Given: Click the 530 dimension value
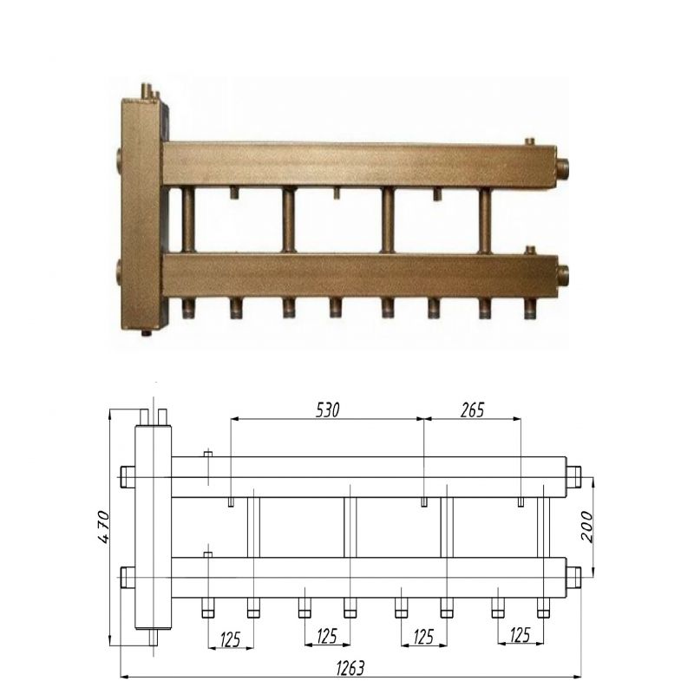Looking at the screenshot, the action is click(x=328, y=410).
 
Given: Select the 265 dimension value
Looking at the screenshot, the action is click(x=472, y=410).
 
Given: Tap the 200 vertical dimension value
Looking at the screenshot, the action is click(x=587, y=527).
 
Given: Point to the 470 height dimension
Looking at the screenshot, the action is click(x=103, y=527).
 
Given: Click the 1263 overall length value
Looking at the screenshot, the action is click(x=350, y=668).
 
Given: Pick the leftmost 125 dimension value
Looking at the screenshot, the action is click(x=230, y=639).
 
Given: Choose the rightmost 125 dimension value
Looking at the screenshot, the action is click(x=520, y=636).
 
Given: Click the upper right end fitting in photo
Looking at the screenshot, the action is click(x=562, y=167).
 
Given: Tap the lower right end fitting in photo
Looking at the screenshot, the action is click(x=562, y=275).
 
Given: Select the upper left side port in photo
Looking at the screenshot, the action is click(x=120, y=158).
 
